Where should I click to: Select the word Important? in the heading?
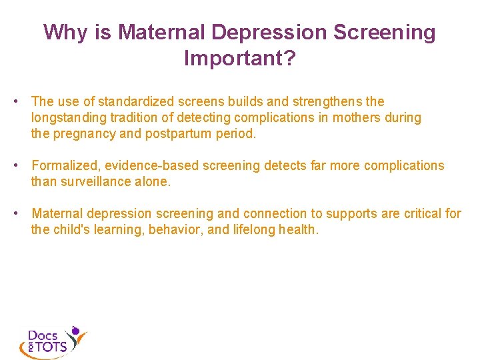click(x=239, y=59)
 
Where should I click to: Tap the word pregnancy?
click(x=84, y=133)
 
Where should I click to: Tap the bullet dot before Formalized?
click(x=22, y=165)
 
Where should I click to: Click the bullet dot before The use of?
click(x=22, y=102)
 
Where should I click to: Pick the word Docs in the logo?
click(x=43, y=335)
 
